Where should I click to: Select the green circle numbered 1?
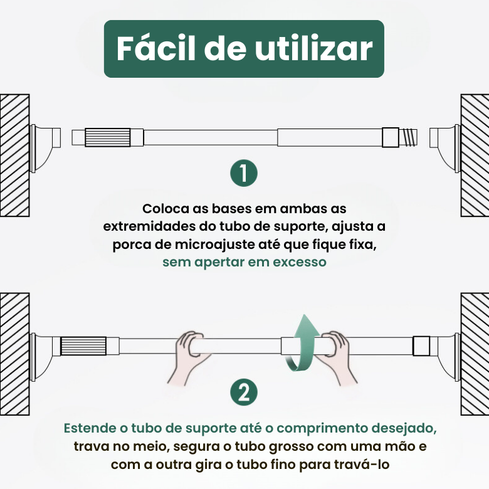click(243, 173)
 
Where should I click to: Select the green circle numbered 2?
click(243, 393)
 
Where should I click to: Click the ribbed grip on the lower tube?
click(78, 345)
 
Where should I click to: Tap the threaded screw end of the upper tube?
click(408, 137)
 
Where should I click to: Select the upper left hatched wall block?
click(14, 155)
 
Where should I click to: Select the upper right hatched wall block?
click(475, 155)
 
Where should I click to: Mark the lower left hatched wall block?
click(14, 354)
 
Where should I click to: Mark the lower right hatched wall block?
click(475, 354)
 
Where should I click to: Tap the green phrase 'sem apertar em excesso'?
click(244, 262)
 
